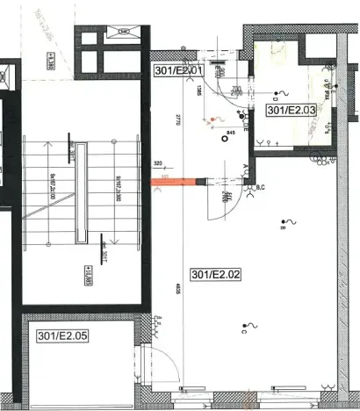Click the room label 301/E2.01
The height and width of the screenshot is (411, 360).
[179, 70]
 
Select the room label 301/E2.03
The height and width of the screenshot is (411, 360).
[292, 111]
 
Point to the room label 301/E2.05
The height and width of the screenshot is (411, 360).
[64, 335]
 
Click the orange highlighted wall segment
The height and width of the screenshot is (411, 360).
[178, 183]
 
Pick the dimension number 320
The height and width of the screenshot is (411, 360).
[158, 163]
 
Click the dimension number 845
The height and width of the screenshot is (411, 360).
[232, 133]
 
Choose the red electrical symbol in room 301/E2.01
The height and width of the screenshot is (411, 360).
[209, 123]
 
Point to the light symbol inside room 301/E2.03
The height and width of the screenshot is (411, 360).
[282, 93]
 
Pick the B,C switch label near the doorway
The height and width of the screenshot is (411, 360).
[260, 185]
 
